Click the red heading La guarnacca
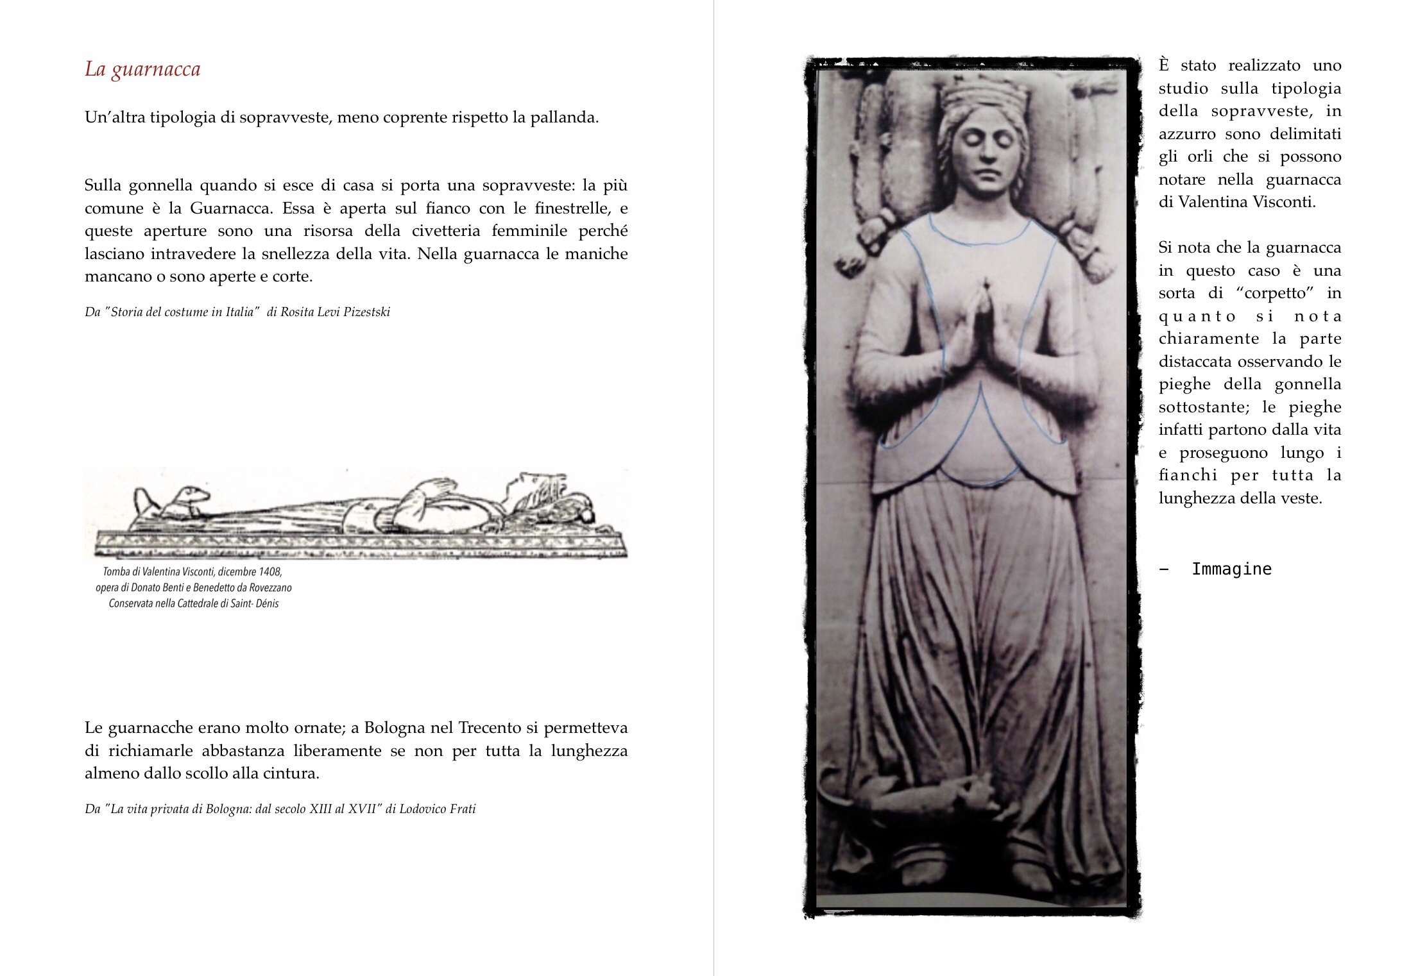point(142,69)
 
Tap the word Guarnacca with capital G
point(230,208)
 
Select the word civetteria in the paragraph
point(445,231)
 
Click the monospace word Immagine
point(1231,569)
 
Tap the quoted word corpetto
point(1275,294)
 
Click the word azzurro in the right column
point(1186,134)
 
